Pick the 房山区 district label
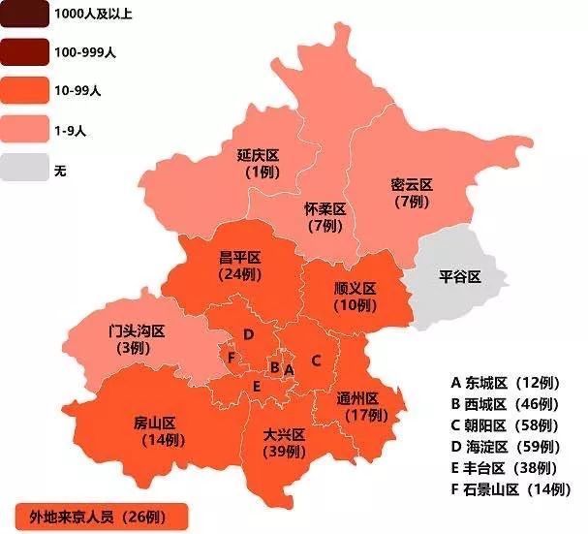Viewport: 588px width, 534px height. (x=154, y=424)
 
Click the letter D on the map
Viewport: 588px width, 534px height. (x=249, y=335)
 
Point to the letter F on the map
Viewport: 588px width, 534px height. (x=231, y=358)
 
